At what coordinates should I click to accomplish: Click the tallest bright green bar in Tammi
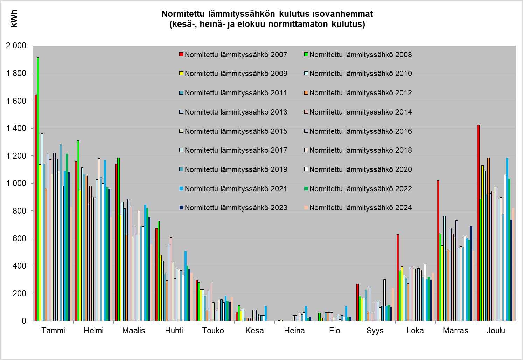[x=38, y=189]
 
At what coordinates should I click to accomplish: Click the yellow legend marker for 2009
[x=181, y=74]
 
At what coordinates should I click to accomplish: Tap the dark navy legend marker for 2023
[x=181, y=208]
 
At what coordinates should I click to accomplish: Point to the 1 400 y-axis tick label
[x=16, y=128]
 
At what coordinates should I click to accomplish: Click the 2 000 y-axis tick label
[x=16, y=46]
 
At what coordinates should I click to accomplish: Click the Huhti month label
[x=174, y=331]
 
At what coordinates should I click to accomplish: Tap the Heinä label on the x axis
[x=294, y=331]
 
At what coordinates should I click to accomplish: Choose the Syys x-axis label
[x=375, y=331]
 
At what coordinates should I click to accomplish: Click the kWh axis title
[x=14, y=19]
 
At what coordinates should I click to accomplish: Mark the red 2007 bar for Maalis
[x=116, y=242]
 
